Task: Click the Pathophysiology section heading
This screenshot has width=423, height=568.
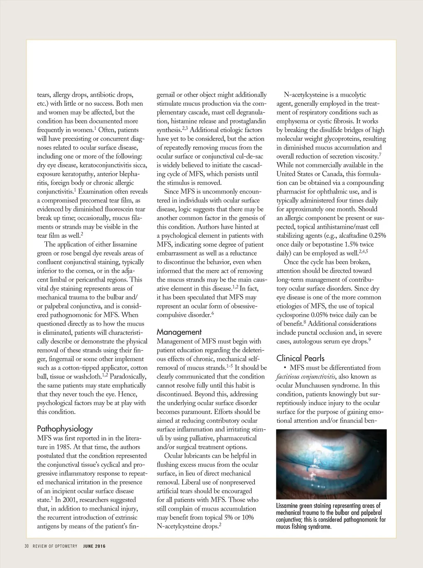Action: [65, 428]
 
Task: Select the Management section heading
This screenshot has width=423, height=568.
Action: [179, 332]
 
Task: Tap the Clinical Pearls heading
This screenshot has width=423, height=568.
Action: [300, 358]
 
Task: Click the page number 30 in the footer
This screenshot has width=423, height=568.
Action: [26, 546]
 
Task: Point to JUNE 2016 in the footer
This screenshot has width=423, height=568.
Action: [94, 546]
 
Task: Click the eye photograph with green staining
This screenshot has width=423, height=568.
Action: [331, 464]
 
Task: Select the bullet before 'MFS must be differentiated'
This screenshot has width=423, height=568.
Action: [285, 368]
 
